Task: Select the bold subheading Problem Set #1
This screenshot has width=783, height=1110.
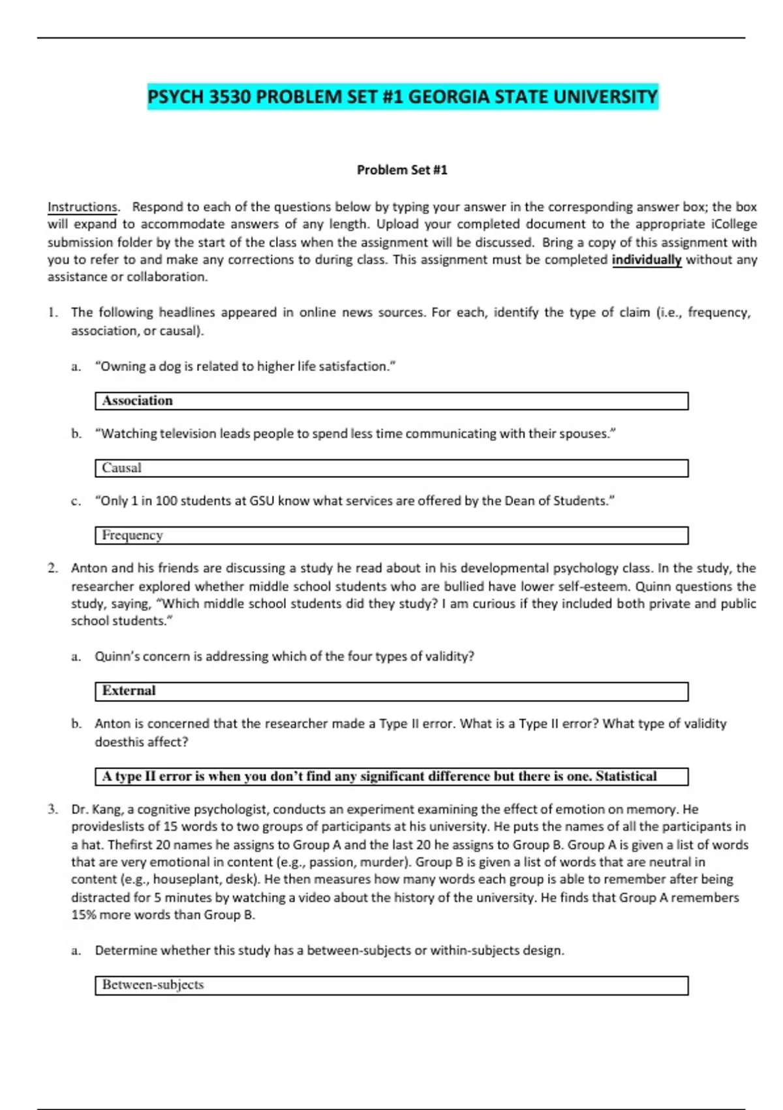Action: pyautogui.click(x=402, y=170)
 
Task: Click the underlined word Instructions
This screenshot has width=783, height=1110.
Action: pyautogui.click(x=82, y=207)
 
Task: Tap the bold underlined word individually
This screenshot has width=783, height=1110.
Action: pyautogui.click(x=646, y=260)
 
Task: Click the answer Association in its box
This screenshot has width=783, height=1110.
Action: pyautogui.click(x=137, y=401)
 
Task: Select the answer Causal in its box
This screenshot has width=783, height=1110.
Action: pyautogui.click(x=121, y=468)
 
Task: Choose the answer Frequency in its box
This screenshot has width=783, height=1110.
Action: pyautogui.click(x=132, y=535)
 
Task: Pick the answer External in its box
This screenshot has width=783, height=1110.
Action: pyautogui.click(x=129, y=691)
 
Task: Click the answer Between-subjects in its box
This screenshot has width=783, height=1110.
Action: pyautogui.click(x=153, y=985)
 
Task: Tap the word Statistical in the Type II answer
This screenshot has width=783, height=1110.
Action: pyautogui.click(x=626, y=776)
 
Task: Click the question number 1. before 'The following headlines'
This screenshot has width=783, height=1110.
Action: pyautogui.click(x=53, y=313)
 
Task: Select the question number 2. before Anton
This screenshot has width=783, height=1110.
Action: pyautogui.click(x=53, y=568)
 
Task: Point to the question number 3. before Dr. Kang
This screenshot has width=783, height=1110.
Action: pyautogui.click(x=53, y=810)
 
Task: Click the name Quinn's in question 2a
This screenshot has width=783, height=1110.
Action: pyautogui.click(x=116, y=656)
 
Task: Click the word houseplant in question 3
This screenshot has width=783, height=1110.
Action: pyautogui.click(x=183, y=880)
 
